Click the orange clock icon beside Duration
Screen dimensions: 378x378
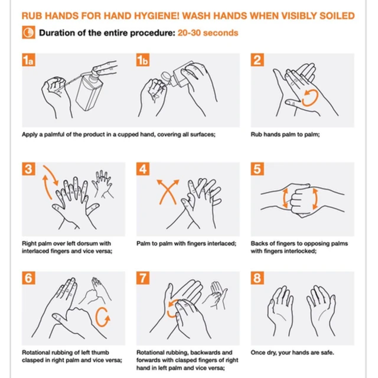pos(28,32)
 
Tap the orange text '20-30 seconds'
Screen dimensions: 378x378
pos(208,33)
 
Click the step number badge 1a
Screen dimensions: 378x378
pos(28,60)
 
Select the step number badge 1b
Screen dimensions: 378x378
pos(143,60)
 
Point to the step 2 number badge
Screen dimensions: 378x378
pos(258,60)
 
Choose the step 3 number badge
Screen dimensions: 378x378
pos(28,169)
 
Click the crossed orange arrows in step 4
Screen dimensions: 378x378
pos(168,192)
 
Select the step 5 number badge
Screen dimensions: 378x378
pos(258,169)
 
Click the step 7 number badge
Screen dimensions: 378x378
pos(143,278)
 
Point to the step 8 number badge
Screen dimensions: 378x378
pos(258,278)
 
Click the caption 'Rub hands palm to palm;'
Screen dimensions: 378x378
pos(285,135)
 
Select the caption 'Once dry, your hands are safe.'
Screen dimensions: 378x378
pos(292,353)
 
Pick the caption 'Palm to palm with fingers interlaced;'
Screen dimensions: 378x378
pos(187,243)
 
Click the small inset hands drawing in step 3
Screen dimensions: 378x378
pos(103,184)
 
